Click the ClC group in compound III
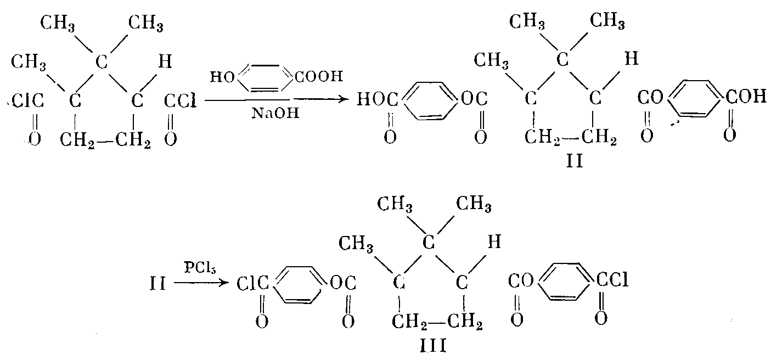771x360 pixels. tap(253, 284)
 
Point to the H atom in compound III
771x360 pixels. tap(493, 242)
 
